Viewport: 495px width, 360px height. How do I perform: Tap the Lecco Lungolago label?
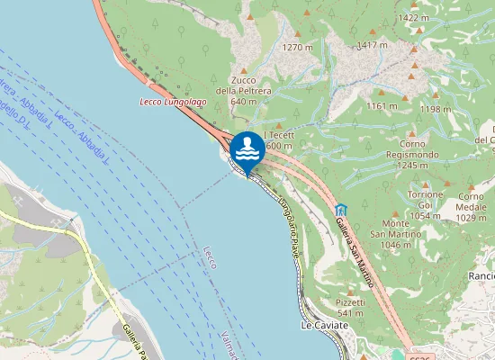point(174,102)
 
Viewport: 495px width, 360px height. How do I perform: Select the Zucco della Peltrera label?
point(243,90)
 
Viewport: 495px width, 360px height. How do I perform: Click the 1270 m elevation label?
point(297,47)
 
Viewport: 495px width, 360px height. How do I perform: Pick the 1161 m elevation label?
point(382,106)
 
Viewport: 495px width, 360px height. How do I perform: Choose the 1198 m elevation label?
point(436,109)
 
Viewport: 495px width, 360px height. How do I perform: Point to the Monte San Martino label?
point(396,233)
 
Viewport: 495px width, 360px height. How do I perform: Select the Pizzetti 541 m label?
point(350,307)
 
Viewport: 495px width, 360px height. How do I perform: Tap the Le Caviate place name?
point(324,325)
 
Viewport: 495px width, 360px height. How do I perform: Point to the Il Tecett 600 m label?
point(276,139)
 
